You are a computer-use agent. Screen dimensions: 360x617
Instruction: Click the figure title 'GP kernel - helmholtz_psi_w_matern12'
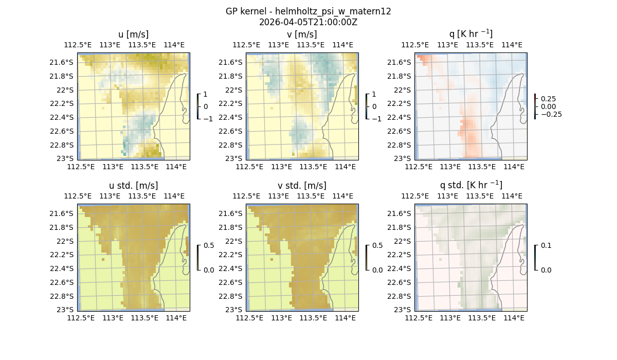(x=308, y=11)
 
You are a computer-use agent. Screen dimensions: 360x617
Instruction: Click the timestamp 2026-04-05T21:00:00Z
(x=308, y=22)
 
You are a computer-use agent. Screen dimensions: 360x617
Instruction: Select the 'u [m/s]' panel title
(x=133, y=34)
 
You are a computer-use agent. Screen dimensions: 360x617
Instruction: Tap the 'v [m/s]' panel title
(x=302, y=34)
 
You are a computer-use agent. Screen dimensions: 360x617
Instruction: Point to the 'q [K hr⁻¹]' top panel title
(x=470, y=34)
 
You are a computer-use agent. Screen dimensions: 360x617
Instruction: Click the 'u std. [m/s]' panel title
(x=133, y=186)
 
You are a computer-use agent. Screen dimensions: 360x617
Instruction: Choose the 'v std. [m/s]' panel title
(x=302, y=186)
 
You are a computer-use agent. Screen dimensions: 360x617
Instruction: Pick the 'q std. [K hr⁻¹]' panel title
(x=470, y=186)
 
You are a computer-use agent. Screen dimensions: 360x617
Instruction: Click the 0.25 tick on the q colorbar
(x=548, y=99)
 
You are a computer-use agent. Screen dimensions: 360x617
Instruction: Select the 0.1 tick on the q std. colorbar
(x=545, y=245)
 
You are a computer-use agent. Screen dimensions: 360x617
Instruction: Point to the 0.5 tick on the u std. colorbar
(x=209, y=245)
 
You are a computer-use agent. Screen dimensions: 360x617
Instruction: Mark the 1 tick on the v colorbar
(x=374, y=94)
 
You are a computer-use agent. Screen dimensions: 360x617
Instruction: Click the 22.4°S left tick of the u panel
(x=65, y=117)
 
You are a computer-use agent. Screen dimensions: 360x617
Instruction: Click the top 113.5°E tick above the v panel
(x=311, y=45)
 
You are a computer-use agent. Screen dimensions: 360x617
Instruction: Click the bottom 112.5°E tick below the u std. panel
(x=81, y=318)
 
